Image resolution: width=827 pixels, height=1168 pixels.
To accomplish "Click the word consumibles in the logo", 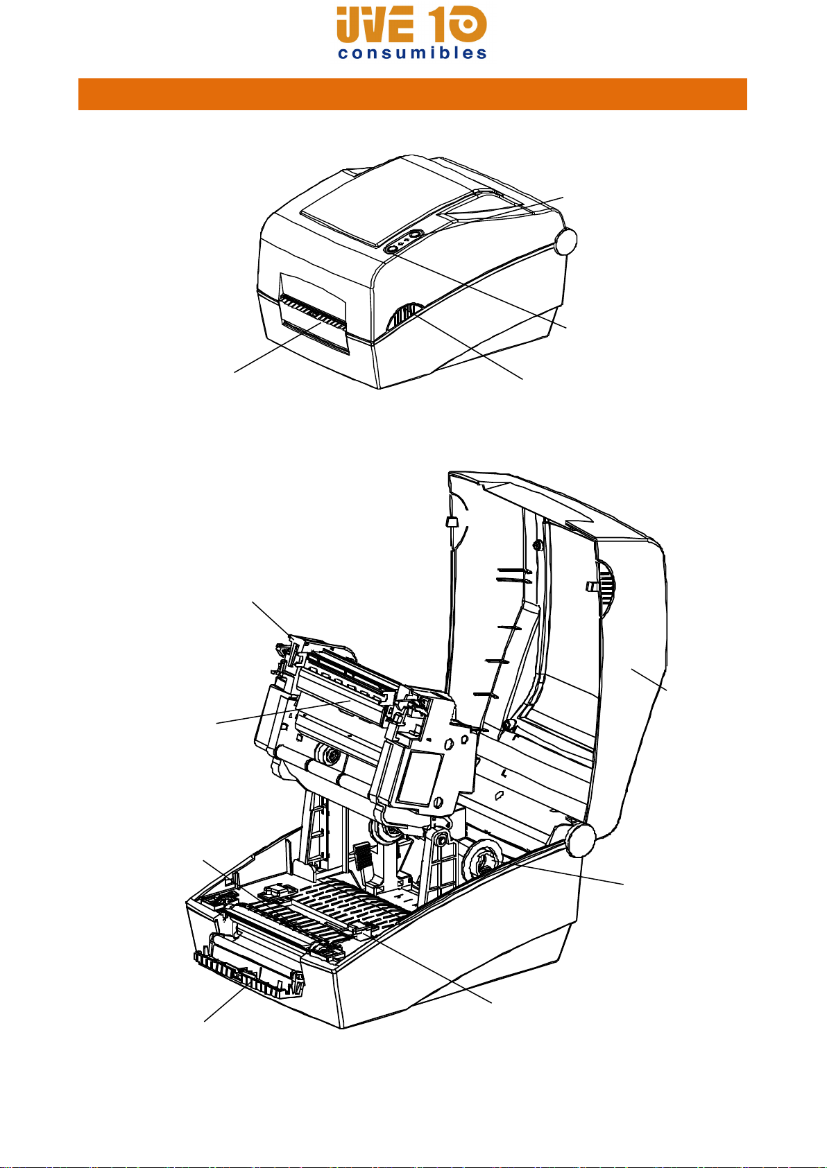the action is click(x=412, y=53).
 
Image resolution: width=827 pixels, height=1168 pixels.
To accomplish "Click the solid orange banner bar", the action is click(x=413, y=94).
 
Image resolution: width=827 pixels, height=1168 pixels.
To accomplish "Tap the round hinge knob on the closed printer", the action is click(x=565, y=241).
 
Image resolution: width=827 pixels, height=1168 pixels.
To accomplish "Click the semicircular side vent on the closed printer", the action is click(x=402, y=317).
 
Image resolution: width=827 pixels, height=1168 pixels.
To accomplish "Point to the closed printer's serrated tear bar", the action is click(x=313, y=312).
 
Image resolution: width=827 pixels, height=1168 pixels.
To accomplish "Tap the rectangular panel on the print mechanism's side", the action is click(x=420, y=778).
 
